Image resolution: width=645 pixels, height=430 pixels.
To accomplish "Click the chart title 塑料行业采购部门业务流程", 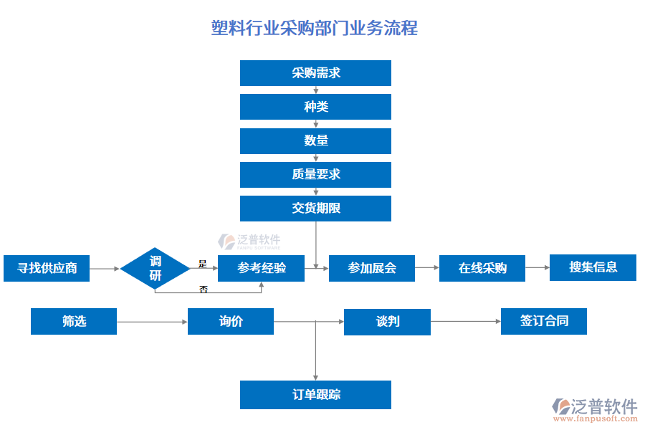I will pos(315,28).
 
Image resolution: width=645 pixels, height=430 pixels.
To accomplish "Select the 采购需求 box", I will pos(315,73).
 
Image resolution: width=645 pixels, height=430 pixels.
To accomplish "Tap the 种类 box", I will pos(315,107).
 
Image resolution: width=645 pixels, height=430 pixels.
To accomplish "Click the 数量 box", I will pos(315,140).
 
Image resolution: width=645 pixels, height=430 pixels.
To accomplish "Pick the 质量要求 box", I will pos(315,174).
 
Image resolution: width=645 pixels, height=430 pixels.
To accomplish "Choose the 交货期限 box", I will pos(315,208).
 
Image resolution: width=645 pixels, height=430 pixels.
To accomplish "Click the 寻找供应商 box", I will pos(47,268).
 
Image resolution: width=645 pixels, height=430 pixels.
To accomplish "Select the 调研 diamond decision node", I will pos(155,268).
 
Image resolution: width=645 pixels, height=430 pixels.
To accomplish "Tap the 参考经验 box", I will pos(261,268).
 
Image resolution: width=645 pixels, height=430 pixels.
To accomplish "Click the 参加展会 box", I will pos(372,268).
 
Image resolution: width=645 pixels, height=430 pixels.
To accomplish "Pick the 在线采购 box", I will pos(482,268).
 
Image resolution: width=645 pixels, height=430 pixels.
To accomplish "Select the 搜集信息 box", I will pos(593,267).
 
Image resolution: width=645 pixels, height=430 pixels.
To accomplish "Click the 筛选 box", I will pos(74,321).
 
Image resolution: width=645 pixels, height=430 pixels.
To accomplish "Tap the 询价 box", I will pos(231,321).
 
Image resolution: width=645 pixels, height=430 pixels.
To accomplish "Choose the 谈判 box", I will pos(387,321).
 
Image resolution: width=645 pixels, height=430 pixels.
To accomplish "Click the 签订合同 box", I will pos(544,321).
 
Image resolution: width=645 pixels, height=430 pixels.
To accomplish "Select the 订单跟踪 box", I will pos(315,394).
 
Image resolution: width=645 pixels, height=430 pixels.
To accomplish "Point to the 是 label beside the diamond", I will pos(202,263).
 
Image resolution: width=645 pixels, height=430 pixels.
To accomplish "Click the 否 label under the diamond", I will pos(204,289).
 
